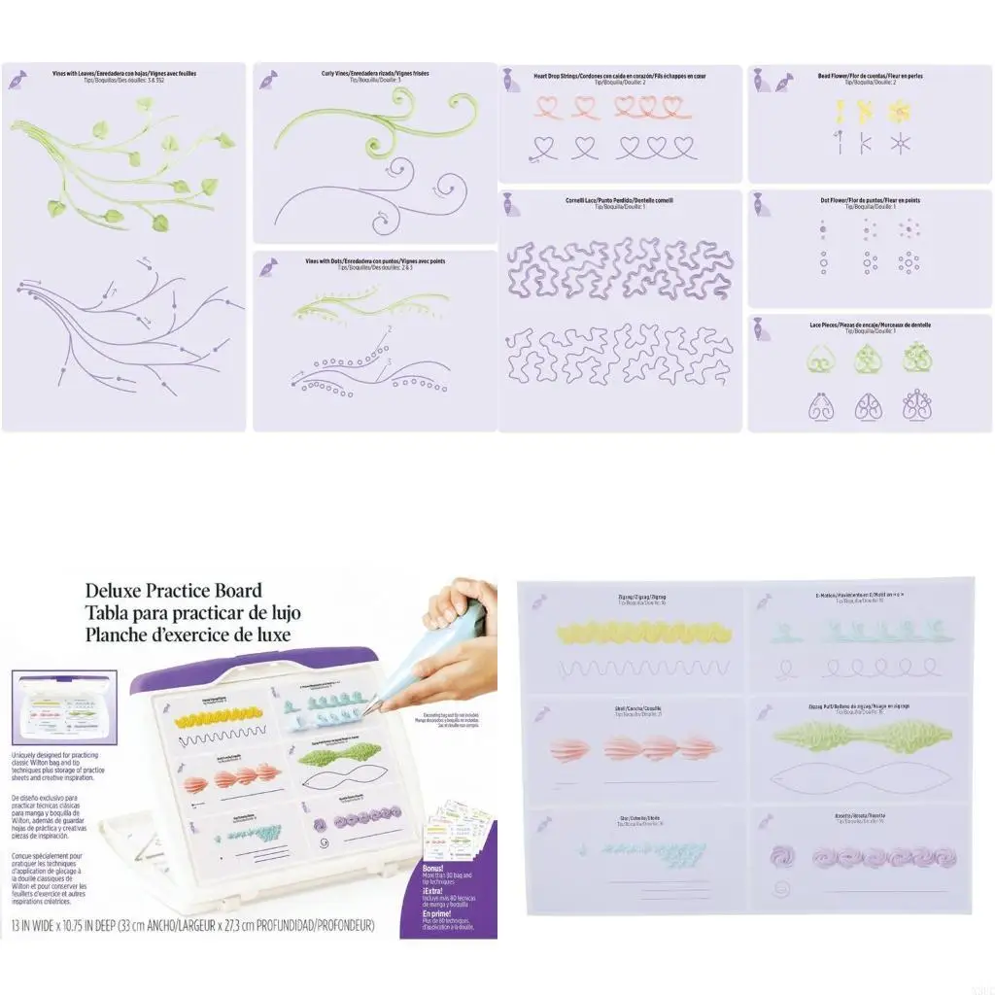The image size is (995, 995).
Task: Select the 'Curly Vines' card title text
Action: pos(375,73)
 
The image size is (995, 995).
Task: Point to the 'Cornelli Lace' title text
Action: pos(619,200)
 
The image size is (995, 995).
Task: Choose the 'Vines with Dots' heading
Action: pos(375,261)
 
